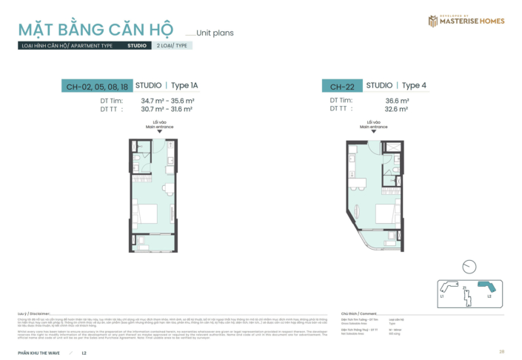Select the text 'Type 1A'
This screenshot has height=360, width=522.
pos(185,86)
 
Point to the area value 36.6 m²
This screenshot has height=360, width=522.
pos(397,100)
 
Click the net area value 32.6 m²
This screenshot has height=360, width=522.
pos(397,108)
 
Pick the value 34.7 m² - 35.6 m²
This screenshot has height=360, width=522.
pos(167,100)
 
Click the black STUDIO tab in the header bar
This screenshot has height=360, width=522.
pos(136,45)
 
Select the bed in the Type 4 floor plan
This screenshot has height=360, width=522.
pos(385,213)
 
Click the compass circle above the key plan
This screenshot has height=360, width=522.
pos(468,266)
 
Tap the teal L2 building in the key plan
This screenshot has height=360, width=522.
pos(486,288)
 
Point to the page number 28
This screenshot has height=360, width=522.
pos(502,351)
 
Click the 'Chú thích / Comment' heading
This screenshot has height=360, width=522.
pos(358,313)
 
